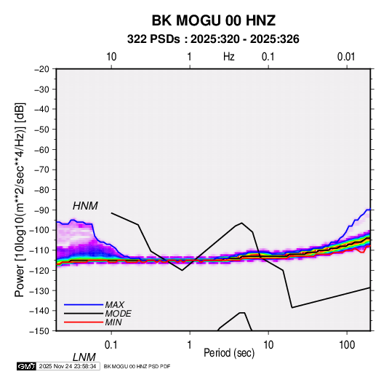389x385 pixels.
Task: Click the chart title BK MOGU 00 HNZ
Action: click(x=214, y=20)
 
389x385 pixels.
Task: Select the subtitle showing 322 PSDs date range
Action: click(x=213, y=39)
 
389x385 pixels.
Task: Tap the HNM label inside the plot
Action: click(x=85, y=206)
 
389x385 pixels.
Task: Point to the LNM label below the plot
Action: click(x=84, y=357)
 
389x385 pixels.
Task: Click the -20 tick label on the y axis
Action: click(x=41, y=69)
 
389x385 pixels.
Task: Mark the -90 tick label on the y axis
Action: click(x=41, y=210)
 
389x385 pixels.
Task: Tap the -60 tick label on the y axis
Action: click(x=41, y=149)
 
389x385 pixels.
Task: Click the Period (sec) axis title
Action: click(x=229, y=353)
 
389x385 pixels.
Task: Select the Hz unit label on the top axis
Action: click(x=229, y=57)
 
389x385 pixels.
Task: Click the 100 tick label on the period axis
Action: click(x=347, y=345)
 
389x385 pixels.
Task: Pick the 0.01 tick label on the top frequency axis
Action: click(x=346, y=57)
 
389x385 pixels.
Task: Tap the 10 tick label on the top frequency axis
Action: click(x=111, y=57)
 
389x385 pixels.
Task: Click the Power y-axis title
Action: click(x=20, y=199)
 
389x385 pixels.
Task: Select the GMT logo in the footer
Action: click(x=26, y=366)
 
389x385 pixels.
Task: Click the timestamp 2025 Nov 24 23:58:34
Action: click(x=68, y=366)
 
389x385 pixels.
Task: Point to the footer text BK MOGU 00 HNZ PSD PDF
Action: click(x=137, y=366)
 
